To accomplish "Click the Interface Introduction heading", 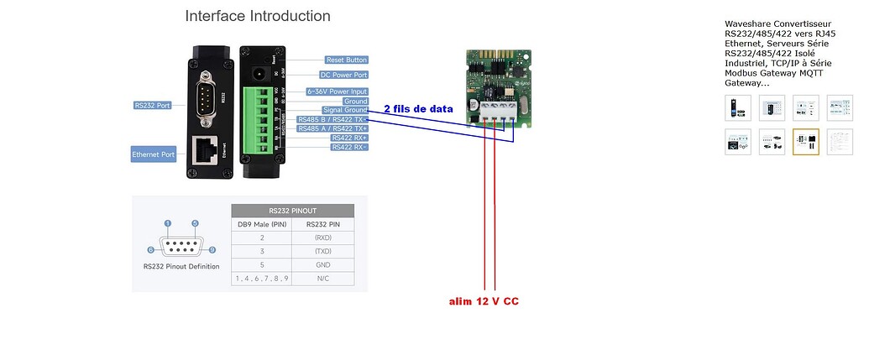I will (257, 16).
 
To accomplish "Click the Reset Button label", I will (346, 60).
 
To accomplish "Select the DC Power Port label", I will (346, 75).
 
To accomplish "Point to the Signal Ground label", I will (344, 110).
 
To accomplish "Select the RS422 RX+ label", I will (348, 138).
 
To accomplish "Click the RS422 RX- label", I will (348, 147).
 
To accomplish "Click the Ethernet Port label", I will (153, 154).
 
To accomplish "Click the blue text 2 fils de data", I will (418, 109).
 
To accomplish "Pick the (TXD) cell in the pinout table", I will (322, 251).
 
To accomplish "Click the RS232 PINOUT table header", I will (292, 211).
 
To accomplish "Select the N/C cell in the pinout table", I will (322, 278).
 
